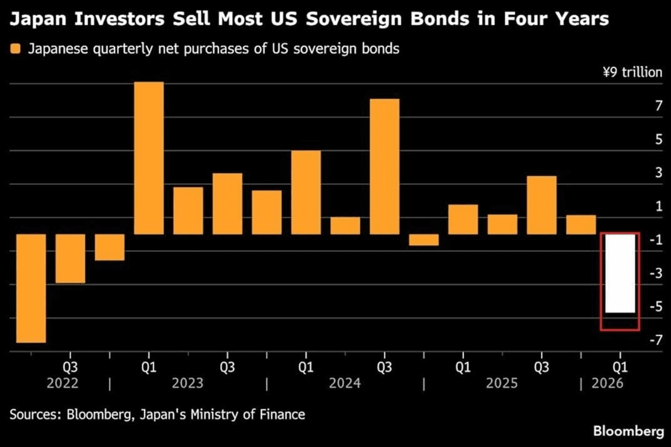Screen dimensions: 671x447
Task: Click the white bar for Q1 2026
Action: tap(620, 273)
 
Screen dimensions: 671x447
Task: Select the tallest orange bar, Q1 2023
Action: tap(149, 158)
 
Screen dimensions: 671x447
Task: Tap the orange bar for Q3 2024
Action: tap(385, 166)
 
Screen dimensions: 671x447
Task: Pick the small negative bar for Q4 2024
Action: tap(423, 240)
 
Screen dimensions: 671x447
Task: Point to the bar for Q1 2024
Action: tap(306, 193)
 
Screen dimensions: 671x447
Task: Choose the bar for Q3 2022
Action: tap(70, 258)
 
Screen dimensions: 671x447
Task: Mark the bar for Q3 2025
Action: tap(542, 205)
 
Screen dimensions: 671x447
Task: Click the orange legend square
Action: tap(16, 49)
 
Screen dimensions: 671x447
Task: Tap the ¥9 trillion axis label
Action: tap(632, 72)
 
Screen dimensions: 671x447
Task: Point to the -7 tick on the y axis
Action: tap(656, 340)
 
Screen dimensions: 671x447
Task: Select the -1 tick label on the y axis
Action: tap(656, 239)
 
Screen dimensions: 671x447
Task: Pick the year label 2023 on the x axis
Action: tap(188, 383)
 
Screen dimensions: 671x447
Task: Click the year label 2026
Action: tap(607, 383)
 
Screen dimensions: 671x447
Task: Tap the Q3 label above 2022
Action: tap(70, 367)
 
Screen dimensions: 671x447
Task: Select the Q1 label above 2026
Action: tap(620, 367)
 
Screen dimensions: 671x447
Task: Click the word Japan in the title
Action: tap(38, 19)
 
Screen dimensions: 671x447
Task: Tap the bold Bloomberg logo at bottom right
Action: tap(628, 431)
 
